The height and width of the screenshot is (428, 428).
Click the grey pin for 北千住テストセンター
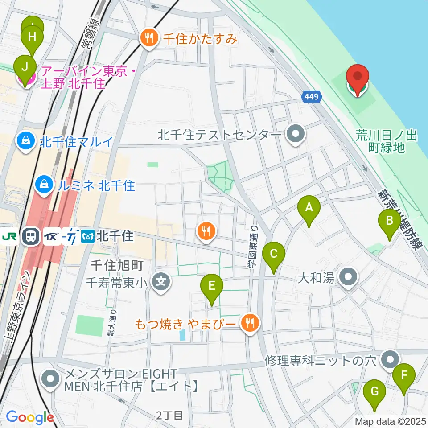tap(295, 134)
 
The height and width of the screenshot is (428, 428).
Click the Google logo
tap(30, 417)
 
